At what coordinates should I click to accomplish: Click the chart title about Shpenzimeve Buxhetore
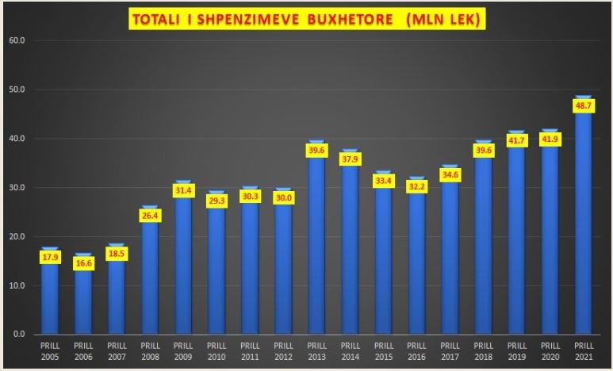pyautogui.click(x=307, y=19)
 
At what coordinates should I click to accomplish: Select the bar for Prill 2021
pyautogui.click(x=584, y=215)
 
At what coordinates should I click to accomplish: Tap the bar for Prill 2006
pyautogui.click(x=83, y=293)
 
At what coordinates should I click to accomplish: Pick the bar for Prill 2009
pyautogui.click(x=183, y=257)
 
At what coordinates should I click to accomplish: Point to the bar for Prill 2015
pyautogui.click(x=384, y=252)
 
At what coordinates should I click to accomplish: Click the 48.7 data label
pyautogui.click(x=584, y=106)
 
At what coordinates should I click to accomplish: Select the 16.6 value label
pyautogui.click(x=83, y=263)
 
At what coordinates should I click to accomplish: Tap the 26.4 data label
pyautogui.click(x=150, y=216)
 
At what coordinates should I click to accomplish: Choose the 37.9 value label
pyautogui.click(x=351, y=159)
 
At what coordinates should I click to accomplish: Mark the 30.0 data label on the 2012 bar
pyautogui.click(x=283, y=198)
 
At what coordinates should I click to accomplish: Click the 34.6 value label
pyautogui.click(x=450, y=174)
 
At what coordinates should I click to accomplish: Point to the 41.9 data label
pyautogui.click(x=550, y=140)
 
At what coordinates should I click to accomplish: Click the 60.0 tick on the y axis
pyautogui.click(x=17, y=40)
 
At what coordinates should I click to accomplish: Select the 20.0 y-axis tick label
pyautogui.click(x=17, y=236)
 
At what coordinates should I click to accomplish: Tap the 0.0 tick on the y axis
pyautogui.click(x=18, y=335)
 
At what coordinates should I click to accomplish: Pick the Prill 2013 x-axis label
pyautogui.click(x=316, y=351)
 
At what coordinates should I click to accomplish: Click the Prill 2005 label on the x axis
pyautogui.click(x=50, y=351)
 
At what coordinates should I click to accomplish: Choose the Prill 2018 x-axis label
pyautogui.click(x=484, y=351)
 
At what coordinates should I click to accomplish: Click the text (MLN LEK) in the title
pyautogui.click(x=443, y=19)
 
